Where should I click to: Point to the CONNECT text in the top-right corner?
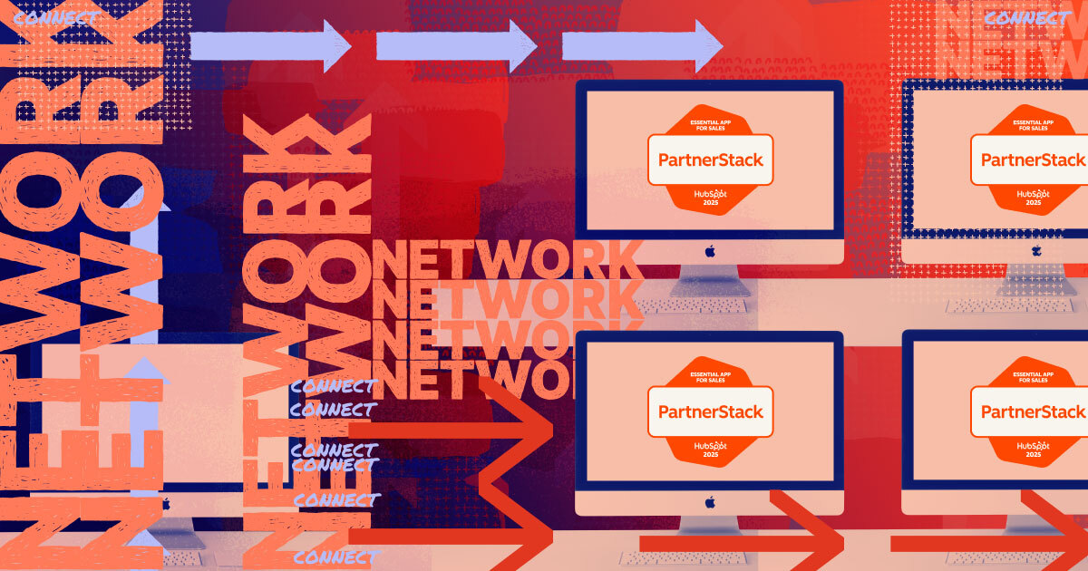pos(1025,17)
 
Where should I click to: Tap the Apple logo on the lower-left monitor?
pos(710,501)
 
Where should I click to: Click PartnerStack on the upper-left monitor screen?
pos(710,160)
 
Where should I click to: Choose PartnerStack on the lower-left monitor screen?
pos(710,411)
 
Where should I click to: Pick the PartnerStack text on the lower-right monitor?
pos(1033,411)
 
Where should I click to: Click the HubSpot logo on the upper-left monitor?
pos(710,193)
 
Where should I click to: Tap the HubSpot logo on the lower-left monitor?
pos(710,445)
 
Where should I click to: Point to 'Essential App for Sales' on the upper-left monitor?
pos(710,124)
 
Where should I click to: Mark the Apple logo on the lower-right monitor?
pos(1035,501)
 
